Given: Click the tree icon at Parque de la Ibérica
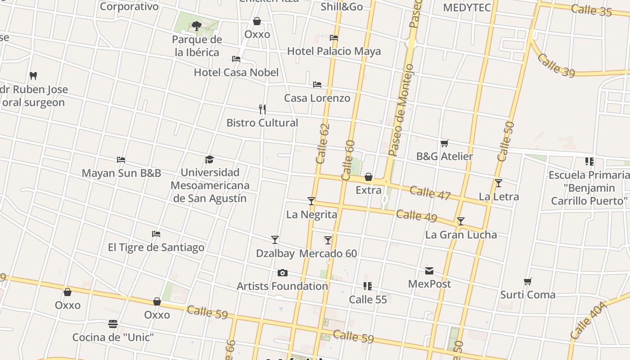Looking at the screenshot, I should (196, 26).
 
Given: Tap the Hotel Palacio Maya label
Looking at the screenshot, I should (334, 51).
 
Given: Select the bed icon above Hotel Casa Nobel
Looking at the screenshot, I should (236, 59).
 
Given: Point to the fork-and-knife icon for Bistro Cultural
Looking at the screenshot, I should (262, 109).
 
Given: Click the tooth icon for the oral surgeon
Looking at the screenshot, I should (33, 76).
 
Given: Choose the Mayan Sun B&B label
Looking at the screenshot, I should (121, 173).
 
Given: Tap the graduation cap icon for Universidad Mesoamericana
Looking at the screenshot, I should (209, 159).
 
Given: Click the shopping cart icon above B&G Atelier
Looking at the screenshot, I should (444, 143).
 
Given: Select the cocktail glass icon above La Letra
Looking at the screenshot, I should (498, 183).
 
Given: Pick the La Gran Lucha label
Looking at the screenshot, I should (461, 235).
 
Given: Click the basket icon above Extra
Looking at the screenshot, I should (368, 177).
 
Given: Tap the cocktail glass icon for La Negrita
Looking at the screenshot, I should (311, 201).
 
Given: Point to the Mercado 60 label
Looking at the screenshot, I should (328, 254).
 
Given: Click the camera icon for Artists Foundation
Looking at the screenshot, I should (282, 273).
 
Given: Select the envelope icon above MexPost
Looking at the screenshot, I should (429, 271).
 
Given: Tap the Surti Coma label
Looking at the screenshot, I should (528, 295).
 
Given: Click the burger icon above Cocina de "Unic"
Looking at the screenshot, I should (113, 324).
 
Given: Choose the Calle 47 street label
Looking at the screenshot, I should (430, 193).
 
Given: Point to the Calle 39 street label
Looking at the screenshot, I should (556, 66).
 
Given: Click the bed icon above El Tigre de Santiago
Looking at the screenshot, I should (156, 234).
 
